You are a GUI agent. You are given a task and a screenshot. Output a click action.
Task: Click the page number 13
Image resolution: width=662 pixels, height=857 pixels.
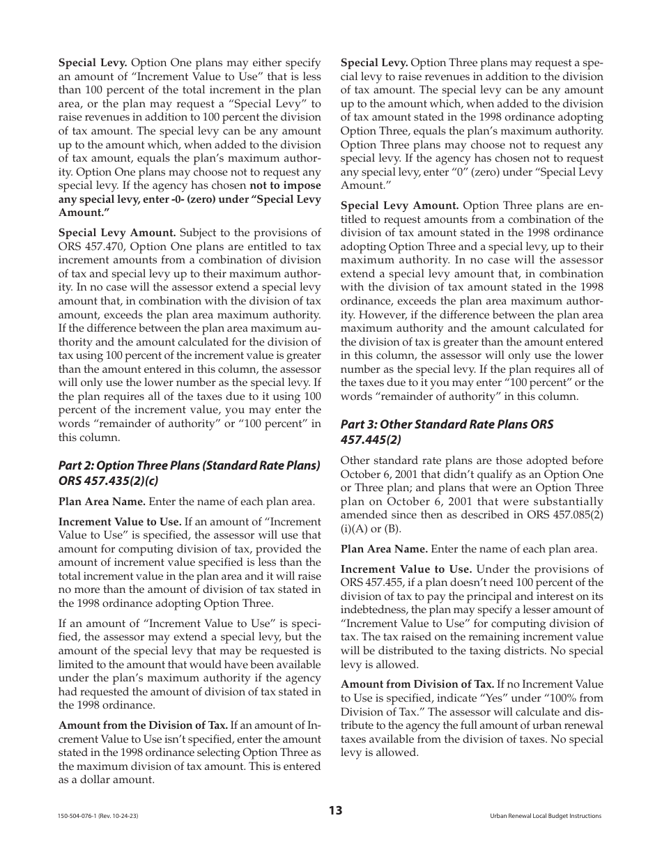[335, 810]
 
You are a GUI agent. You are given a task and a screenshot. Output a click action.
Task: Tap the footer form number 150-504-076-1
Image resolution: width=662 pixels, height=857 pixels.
[98, 816]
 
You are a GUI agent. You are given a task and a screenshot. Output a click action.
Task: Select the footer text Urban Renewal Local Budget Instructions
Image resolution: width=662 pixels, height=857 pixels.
[546, 816]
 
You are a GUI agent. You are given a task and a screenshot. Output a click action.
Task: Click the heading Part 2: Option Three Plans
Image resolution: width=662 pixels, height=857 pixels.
[190, 465]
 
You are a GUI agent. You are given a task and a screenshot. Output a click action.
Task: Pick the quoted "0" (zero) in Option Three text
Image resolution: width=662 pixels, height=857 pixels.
[444, 172]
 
